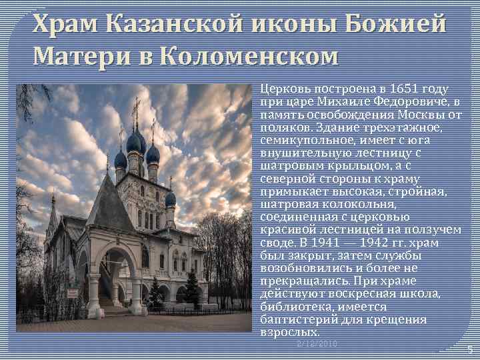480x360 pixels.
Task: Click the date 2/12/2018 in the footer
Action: (317, 343)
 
